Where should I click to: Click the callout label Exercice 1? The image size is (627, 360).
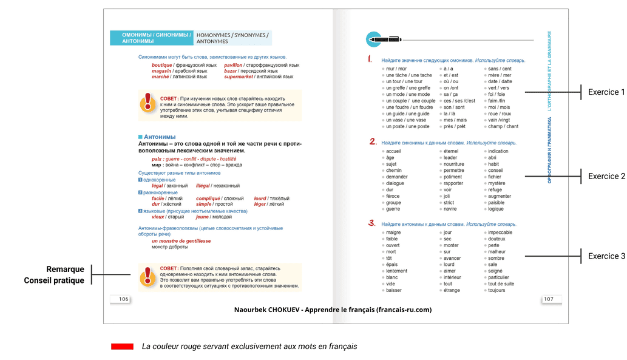606,92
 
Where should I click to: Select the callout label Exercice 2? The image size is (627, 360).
606,176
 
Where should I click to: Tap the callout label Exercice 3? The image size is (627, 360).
606,256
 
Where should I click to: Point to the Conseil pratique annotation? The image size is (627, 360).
54,280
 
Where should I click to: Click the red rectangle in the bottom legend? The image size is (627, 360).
122,346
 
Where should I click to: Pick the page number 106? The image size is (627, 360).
123,299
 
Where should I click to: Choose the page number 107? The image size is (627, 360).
548,299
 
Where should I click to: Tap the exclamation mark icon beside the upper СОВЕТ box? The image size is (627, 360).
147,103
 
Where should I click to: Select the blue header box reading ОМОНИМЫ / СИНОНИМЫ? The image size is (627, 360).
151,38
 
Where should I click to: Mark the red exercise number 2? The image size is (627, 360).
373,142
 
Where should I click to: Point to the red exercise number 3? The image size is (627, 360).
373,223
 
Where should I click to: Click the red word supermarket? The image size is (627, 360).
241,77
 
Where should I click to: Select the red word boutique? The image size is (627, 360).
162,65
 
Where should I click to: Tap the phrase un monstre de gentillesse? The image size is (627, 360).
181,241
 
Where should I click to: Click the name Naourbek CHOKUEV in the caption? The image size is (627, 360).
266,310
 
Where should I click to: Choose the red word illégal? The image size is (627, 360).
205,186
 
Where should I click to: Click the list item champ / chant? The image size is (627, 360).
503,126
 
